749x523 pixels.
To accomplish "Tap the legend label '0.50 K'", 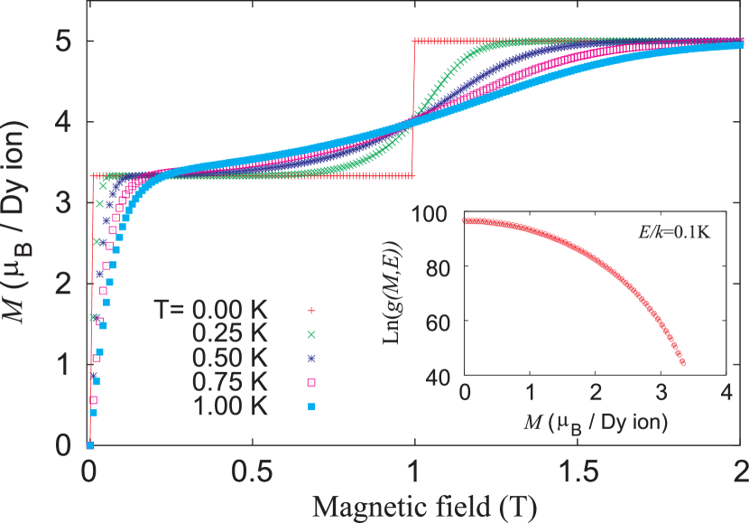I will (x=230, y=359).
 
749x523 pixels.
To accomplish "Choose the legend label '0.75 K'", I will (x=230, y=382).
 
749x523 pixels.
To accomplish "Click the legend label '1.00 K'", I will (x=230, y=406).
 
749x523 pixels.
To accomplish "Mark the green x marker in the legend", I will (x=311, y=334).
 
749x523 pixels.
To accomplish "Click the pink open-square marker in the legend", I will (x=311, y=383).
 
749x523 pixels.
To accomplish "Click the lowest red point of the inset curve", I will (x=682, y=363).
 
